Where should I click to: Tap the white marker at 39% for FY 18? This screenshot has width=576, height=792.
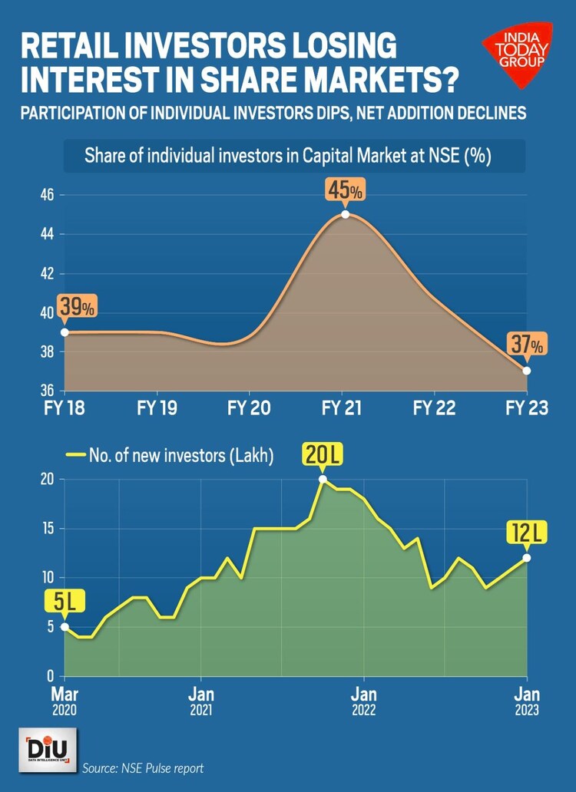pos(65,332)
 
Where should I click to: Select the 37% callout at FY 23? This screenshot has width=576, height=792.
pos(528,345)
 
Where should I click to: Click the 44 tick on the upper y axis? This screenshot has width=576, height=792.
pos(48,234)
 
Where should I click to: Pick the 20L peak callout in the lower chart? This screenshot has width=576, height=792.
pos(322,455)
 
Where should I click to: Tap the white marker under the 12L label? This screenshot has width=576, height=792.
pos(527,557)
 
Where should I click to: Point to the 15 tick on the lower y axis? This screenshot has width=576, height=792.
pos(49,529)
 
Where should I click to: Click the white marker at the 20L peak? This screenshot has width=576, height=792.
pos(323,479)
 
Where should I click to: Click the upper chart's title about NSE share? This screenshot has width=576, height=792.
pos(288,157)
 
